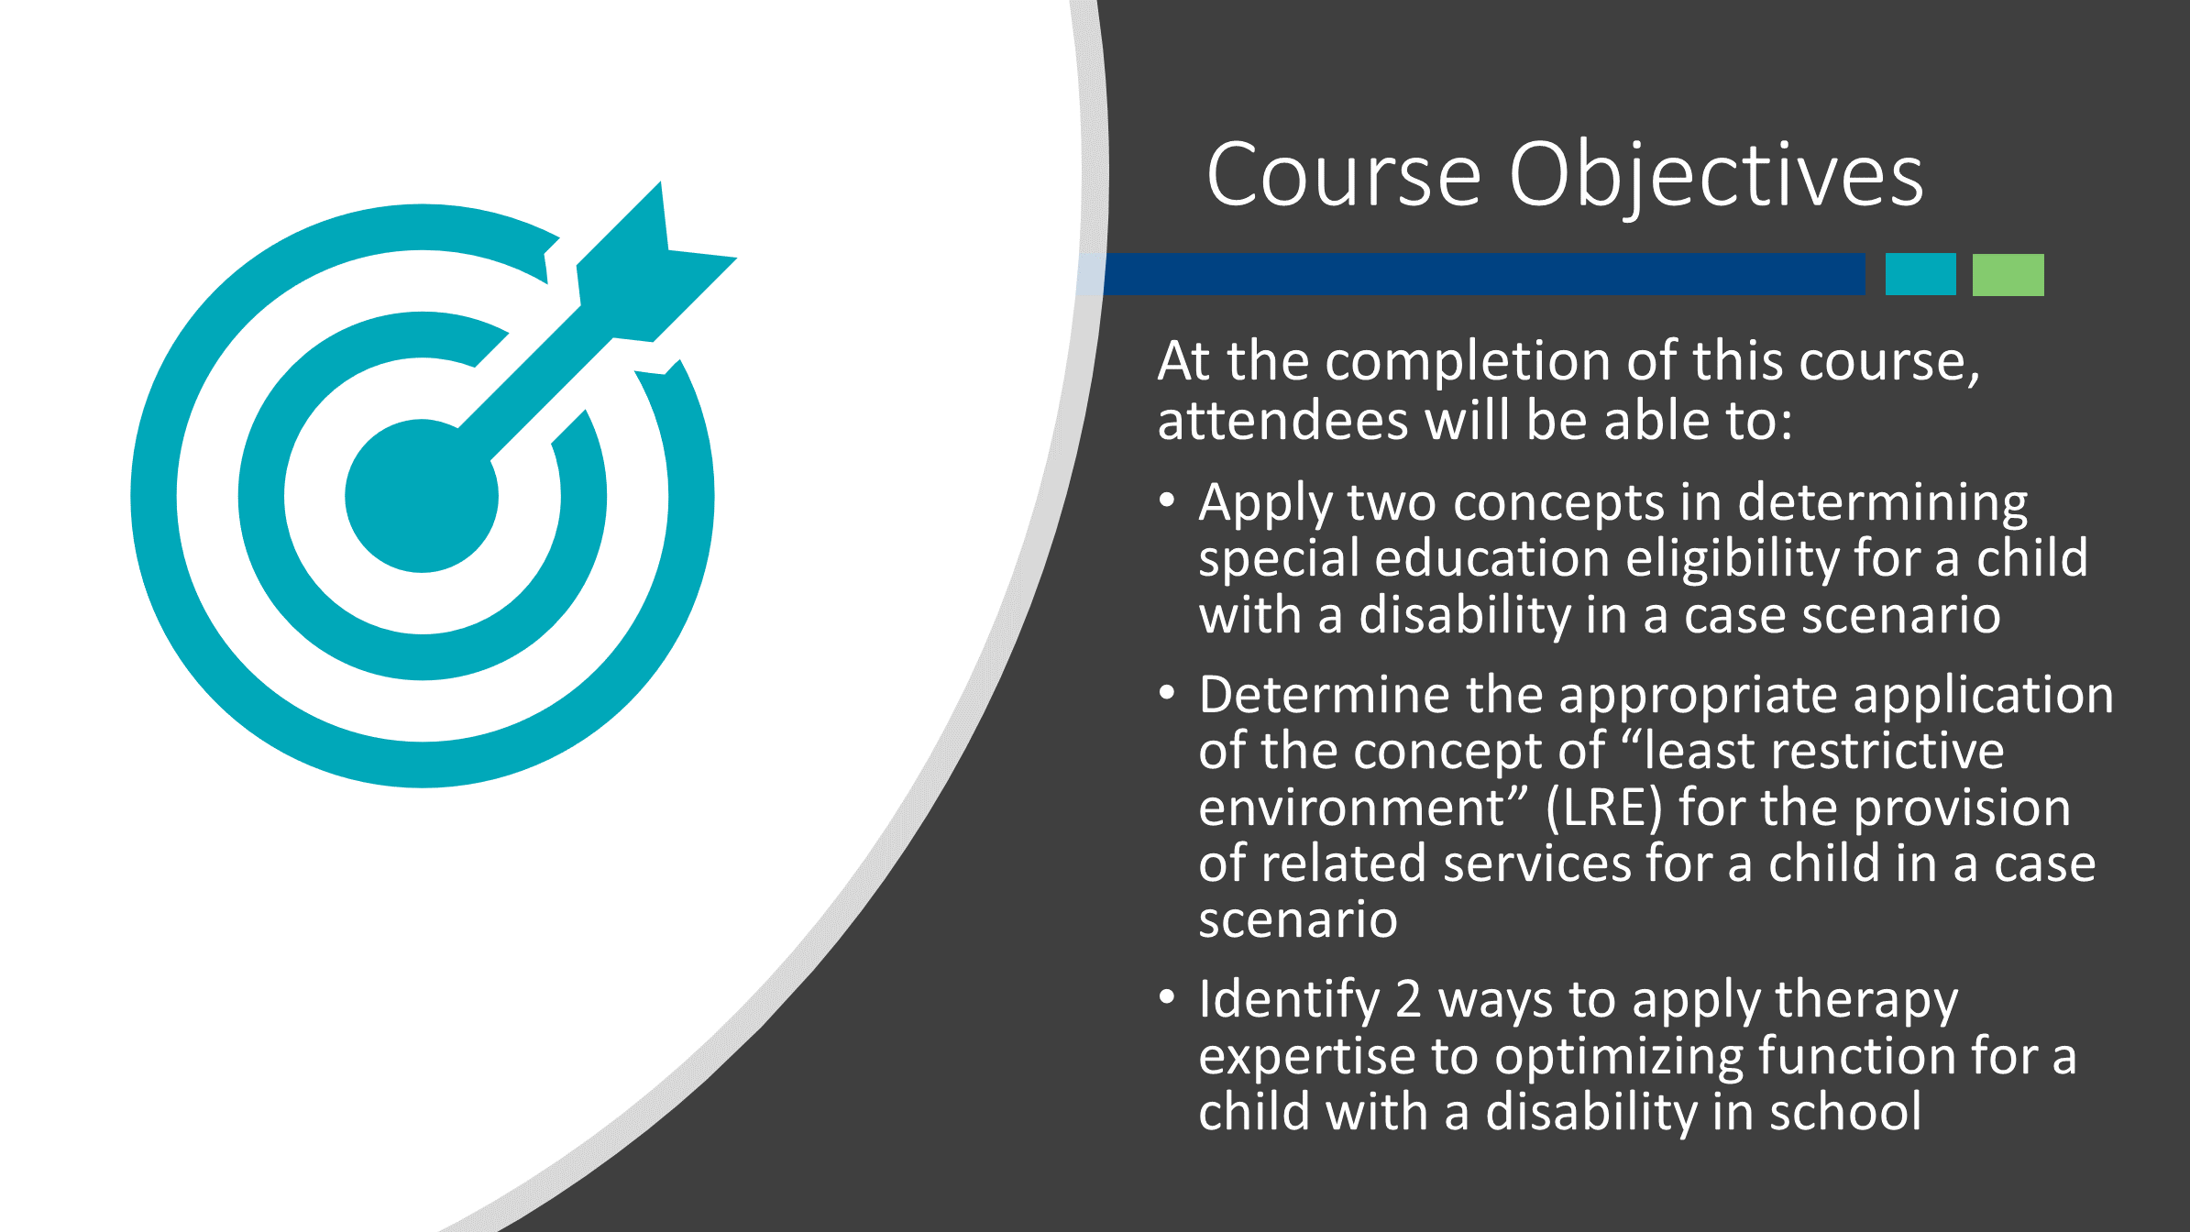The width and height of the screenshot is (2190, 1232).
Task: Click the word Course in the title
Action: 1344,174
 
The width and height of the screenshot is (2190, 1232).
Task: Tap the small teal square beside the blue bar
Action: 1920,274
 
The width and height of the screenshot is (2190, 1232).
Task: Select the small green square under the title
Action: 2008,274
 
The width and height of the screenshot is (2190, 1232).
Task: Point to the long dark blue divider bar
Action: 1484,274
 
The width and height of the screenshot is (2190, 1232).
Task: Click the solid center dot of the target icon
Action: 422,496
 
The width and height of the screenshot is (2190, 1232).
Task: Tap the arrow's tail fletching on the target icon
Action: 656,261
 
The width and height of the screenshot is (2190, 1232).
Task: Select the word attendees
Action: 1282,422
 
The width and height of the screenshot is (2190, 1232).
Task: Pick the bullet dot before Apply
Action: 1167,500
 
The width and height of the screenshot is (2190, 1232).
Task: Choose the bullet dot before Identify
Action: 1167,996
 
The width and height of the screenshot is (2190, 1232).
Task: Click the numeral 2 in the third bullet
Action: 1408,1000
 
